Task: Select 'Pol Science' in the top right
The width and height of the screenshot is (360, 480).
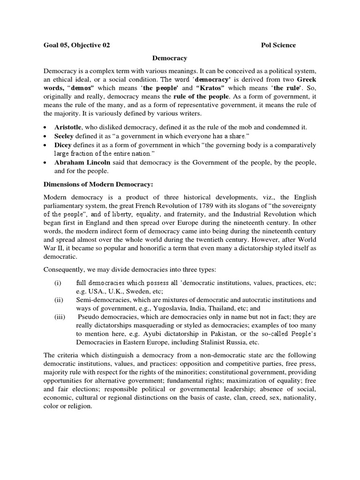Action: click(x=278, y=45)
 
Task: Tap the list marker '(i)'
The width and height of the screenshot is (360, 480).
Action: click(x=58, y=283)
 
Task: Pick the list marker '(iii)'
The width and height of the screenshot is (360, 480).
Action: click(x=59, y=317)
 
